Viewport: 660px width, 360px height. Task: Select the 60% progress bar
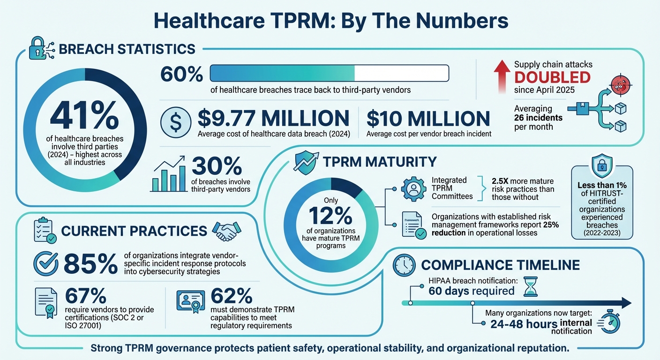[x=329, y=73]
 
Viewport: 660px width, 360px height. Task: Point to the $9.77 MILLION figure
[x=273, y=118]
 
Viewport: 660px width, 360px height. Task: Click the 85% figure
[x=90, y=264]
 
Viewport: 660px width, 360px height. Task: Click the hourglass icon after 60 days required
[x=530, y=286]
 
